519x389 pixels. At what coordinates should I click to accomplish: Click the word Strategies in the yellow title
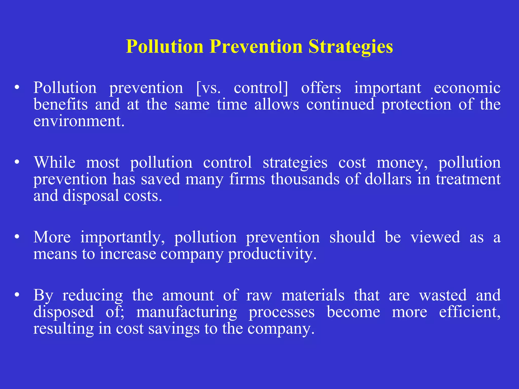pos(351,47)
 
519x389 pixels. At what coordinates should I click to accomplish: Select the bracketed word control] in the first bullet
pos(261,88)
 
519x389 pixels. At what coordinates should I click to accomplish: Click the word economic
pos(467,88)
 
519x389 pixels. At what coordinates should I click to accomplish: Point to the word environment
pos(79,121)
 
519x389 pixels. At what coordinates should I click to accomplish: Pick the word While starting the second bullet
pos(55,163)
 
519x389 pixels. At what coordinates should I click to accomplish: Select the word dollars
pos(388,179)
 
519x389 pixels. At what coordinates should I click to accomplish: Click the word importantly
pos(122,238)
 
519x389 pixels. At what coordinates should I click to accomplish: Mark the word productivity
pos(272,254)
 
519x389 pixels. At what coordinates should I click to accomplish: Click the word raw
pos(259,296)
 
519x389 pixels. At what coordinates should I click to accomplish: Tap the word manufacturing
pos(187,312)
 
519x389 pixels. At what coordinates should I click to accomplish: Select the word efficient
pos(470,312)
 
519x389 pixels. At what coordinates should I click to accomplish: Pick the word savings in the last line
pos(174,329)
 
